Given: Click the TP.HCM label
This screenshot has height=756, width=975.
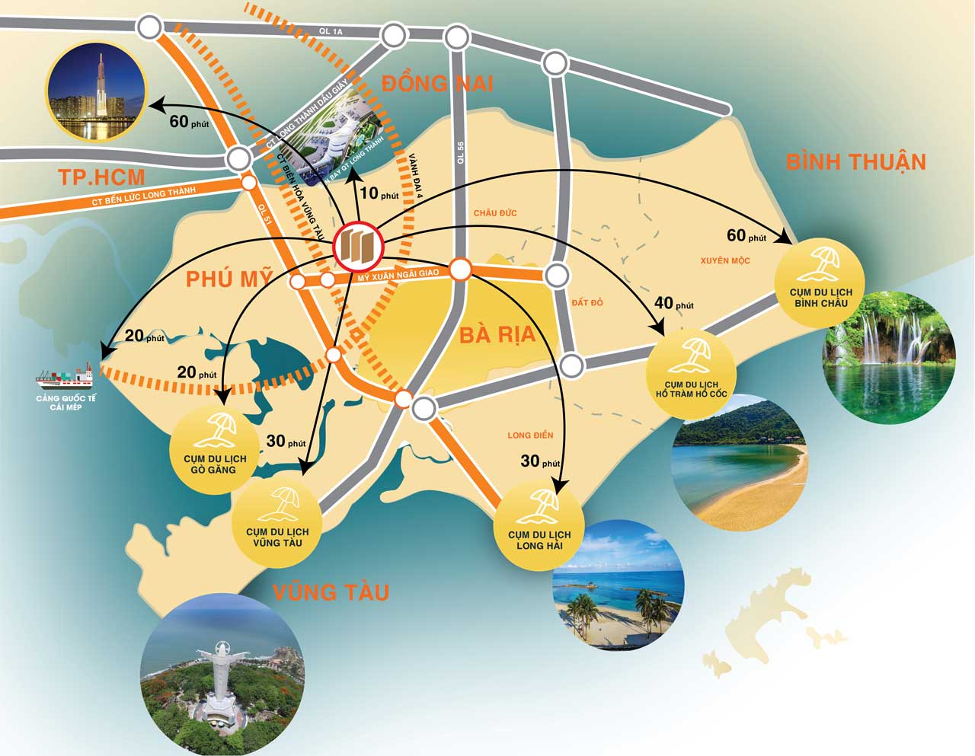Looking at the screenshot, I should point(101,177).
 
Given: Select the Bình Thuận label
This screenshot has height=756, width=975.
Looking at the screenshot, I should point(855,161).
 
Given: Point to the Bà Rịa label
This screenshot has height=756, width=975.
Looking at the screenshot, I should point(497,335).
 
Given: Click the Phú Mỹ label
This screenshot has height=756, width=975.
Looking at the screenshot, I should point(229,279).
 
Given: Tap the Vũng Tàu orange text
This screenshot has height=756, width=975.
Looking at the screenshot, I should point(331,592).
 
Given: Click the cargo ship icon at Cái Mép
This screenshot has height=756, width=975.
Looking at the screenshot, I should point(66,375).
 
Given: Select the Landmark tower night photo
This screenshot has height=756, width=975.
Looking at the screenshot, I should point(96,91).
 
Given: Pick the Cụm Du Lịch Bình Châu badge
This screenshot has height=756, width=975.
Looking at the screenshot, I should point(820,282).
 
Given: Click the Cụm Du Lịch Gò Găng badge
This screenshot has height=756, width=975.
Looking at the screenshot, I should point(215,450).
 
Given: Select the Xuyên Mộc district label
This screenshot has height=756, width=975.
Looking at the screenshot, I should point(725,260).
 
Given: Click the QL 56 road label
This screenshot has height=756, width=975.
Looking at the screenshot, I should point(461,152).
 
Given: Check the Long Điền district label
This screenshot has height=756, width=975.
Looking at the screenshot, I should point(530,435).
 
